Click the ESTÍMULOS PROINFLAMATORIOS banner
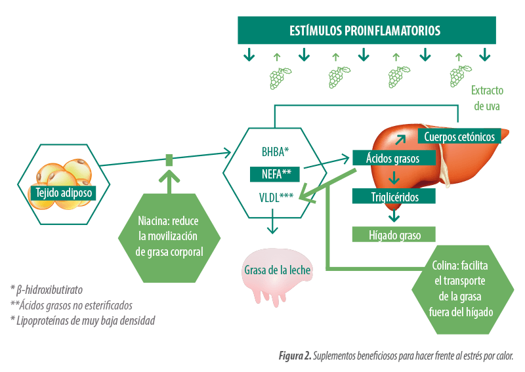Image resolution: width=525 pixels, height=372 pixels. tap(367, 30)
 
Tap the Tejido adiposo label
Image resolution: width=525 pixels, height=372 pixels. tap(64, 193)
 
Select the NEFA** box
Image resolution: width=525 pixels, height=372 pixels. tap(275, 174)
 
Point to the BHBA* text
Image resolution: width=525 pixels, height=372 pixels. tap(275, 152)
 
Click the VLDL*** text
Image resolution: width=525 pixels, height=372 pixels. tap(276, 197)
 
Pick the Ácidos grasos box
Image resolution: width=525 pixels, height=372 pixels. tap(394, 157)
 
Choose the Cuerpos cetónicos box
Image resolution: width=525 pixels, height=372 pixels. tap(459, 136)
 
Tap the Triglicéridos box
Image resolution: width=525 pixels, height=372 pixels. tap(394, 196)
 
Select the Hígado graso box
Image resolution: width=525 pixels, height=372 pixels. tap(394, 234)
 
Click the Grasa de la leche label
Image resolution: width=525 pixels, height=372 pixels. tap(277, 270)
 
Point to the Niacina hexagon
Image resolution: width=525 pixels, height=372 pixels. tap(169, 238)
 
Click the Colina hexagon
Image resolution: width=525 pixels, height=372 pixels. tap(463, 289)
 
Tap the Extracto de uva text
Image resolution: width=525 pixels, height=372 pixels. tap(487, 98)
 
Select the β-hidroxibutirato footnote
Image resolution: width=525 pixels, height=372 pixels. tap(47, 289)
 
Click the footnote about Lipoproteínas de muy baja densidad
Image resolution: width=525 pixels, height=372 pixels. tap(83, 320)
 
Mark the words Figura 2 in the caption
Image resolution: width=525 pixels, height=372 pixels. tap(295, 356)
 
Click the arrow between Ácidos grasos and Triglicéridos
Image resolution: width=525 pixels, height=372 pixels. tap(394, 178)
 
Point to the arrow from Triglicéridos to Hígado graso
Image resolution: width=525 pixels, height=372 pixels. tap(394, 216)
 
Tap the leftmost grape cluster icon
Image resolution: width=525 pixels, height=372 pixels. tap(280, 78)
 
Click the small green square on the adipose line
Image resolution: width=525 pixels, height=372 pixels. tap(169, 160)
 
